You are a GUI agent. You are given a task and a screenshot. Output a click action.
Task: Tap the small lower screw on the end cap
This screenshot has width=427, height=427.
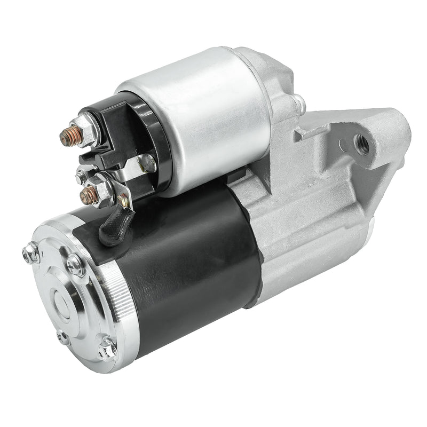point(63,337)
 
